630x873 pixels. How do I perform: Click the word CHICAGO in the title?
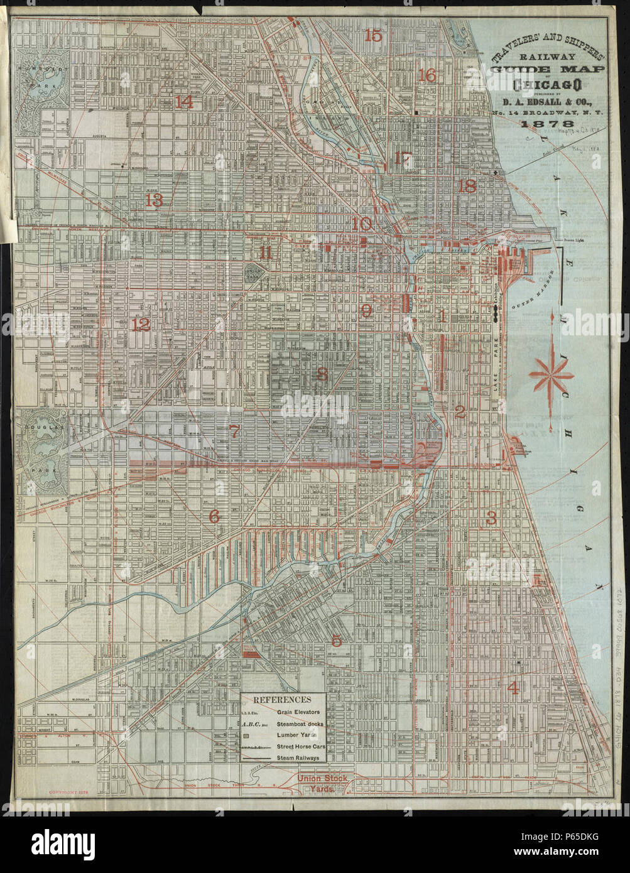(546, 85)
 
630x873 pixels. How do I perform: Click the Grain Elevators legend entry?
(298, 712)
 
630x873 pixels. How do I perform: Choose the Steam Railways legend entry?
(298, 758)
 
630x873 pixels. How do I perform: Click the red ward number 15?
(373, 36)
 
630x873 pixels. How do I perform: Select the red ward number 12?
(141, 325)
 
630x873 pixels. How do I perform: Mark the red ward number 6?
(214, 516)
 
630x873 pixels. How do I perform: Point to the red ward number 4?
(513, 687)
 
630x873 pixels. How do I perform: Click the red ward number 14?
(184, 102)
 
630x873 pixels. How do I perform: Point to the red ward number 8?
(322, 375)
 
